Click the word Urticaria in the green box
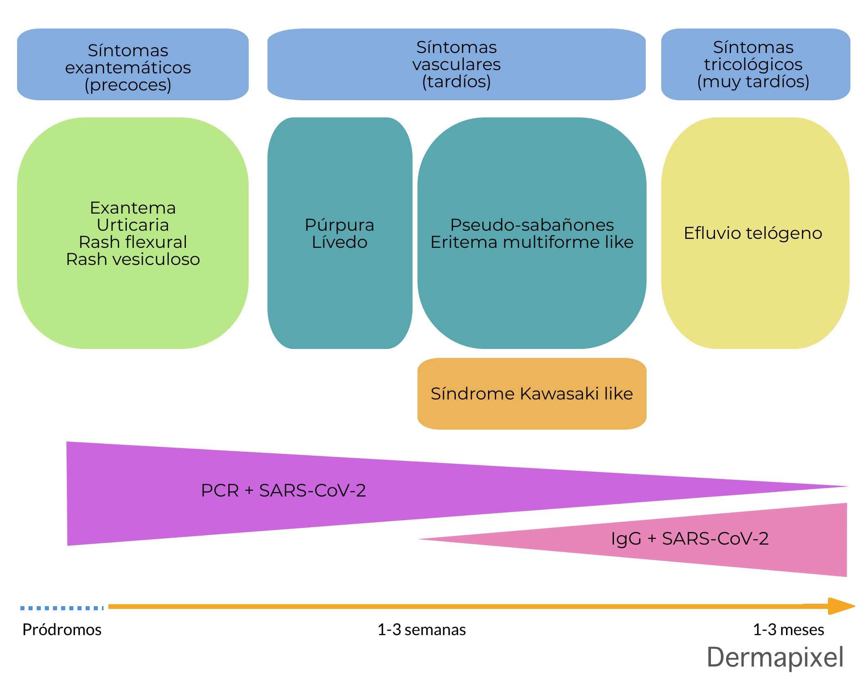[x=133, y=225]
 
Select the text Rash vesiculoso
[x=133, y=259]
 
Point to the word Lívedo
[x=340, y=242]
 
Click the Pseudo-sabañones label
[x=532, y=225]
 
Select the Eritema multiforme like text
[x=532, y=242]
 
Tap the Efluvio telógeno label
[x=753, y=233]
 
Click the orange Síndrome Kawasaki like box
[x=532, y=394]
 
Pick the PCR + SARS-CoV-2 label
[x=283, y=490]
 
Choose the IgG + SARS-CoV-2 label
[x=690, y=539]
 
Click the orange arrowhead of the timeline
[x=841, y=606]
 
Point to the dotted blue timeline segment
[x=62, y=608]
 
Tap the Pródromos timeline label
[x=62, y=630]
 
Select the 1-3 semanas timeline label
[x=422, y=630]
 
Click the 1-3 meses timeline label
[x=788, y=630]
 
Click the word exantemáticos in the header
[x=128, y=68]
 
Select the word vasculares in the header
[x=457, y=64]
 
